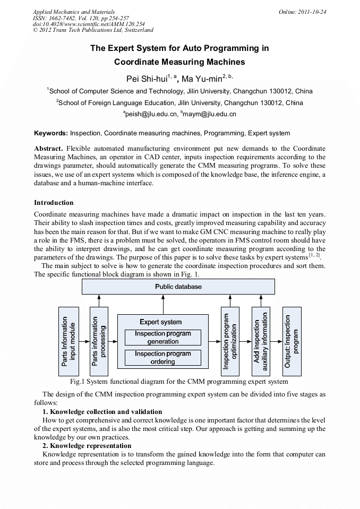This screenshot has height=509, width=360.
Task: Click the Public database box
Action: [x=178, y=287]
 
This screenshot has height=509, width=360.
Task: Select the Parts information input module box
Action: [x=68, y=341]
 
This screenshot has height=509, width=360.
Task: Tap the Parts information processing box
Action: [x=99, y=341]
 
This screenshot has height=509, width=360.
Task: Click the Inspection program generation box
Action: [x=162, y=338]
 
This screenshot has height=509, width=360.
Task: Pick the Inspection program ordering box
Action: [x=162, y=357]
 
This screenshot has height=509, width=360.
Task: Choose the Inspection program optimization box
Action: [x=230, y=341]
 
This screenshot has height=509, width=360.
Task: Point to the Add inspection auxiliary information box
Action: [x=261, y=341]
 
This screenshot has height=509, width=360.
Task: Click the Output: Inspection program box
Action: [x=292, y=341]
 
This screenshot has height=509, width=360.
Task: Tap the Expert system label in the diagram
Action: [x=160, y=322]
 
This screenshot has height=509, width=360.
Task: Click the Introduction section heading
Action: [x=54, y=202]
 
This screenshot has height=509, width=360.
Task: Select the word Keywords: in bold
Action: [x=51, y=133]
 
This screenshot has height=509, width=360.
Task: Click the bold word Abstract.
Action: [x=49, y=149]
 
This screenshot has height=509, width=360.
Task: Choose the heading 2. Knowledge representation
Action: [x=87, y=445]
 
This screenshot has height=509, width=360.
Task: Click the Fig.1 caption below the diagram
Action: [x=179, y=381]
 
